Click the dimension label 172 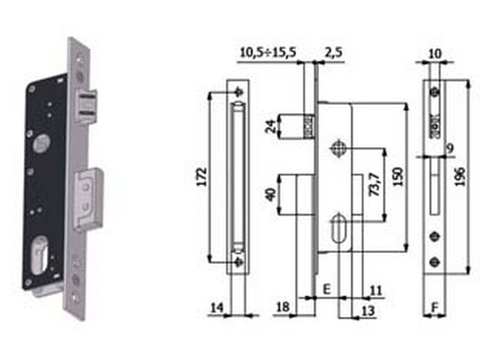(x=202, y=177)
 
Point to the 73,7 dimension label (x=376, y=184)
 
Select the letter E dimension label (x=326, y=289)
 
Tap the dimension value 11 (x=376, y=289)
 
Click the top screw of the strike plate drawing (x=239, y=93)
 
